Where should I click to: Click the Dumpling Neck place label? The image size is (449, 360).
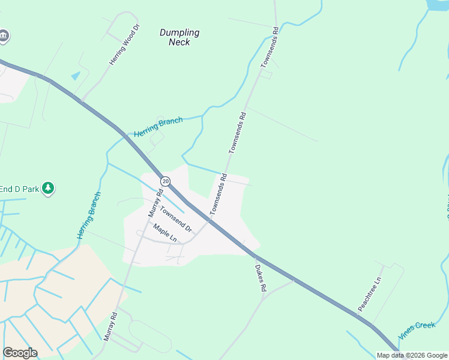[179, 37]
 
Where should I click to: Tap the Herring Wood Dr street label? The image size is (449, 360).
[124, 44]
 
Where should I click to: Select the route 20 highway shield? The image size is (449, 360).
[165, 181]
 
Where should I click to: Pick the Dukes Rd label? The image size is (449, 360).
[261, 278]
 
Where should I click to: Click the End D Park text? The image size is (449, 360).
[19, 188]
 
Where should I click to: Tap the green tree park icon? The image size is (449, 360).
[48, 188]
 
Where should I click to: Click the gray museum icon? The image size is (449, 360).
[4, 36]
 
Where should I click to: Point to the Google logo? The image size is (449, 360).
[20, 353]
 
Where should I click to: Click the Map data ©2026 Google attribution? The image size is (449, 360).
[412, 355]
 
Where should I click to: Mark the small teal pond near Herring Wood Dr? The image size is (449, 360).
[75, 76]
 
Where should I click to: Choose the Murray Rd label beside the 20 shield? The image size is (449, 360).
[155, 203]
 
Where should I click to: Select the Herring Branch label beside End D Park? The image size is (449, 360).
[89, 215]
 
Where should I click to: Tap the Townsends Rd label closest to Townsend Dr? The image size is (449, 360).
[218, 194]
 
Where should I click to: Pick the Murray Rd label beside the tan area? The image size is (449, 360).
[110, 325]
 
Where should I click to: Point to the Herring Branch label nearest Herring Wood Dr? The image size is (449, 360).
[158, 126]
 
